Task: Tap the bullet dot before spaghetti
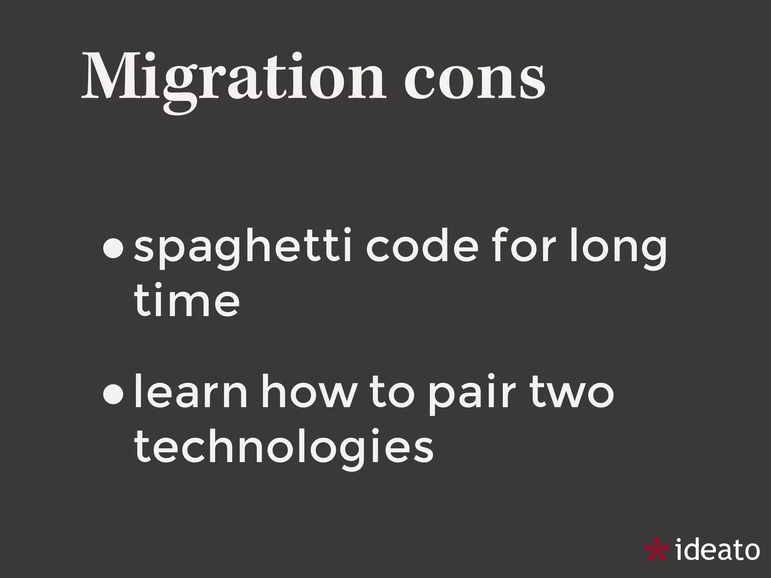pos(113,251)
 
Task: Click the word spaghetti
pos(243,250)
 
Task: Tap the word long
pos(618,250)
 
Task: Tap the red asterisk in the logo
pos(656,551)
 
